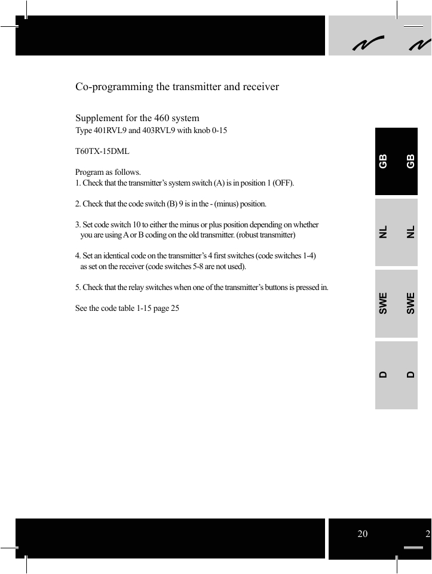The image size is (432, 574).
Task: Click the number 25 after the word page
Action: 175,308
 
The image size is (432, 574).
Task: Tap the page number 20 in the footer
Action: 363,534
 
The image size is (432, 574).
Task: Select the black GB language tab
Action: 396,161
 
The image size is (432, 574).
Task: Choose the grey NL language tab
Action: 396,232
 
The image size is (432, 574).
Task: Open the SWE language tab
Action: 396,303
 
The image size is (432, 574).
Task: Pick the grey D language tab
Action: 396,375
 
